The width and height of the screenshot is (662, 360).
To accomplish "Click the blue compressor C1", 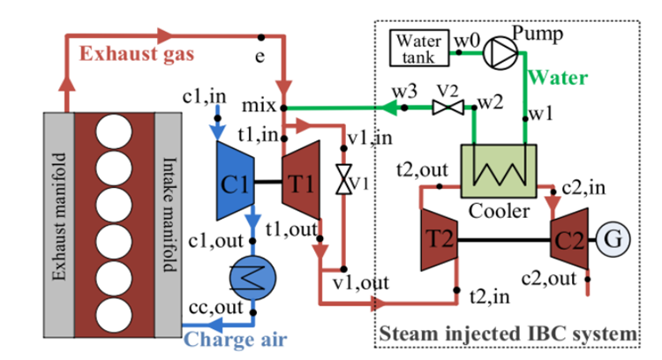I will click(236, 184).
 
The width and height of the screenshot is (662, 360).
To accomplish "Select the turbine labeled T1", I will click(300, 184).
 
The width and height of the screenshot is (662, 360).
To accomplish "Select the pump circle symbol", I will click(499, 51).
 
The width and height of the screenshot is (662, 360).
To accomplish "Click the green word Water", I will click(558, 78).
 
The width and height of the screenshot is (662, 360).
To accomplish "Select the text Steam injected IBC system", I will click(507, 334).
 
